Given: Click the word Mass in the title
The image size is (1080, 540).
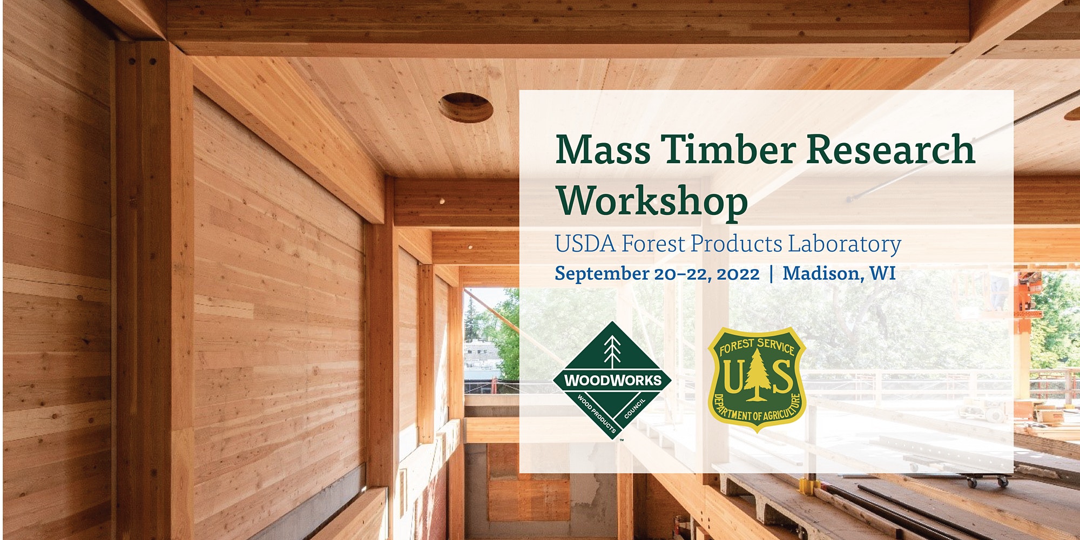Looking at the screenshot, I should click(x=603, y=150).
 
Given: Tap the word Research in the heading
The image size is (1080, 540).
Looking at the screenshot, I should click(x=890, y=150).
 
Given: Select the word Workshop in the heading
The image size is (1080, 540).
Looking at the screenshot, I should click(x=652, y=201).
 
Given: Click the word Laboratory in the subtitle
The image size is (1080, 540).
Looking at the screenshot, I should click(x=844, y=244).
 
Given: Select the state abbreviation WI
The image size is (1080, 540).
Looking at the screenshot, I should click(x=882, y=273).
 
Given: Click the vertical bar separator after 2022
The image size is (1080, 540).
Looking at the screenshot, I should click(x=771, y=274).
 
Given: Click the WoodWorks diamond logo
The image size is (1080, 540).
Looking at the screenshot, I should click(x=612, y=380).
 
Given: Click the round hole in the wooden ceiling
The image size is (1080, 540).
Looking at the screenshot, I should click(x=465, y=107).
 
